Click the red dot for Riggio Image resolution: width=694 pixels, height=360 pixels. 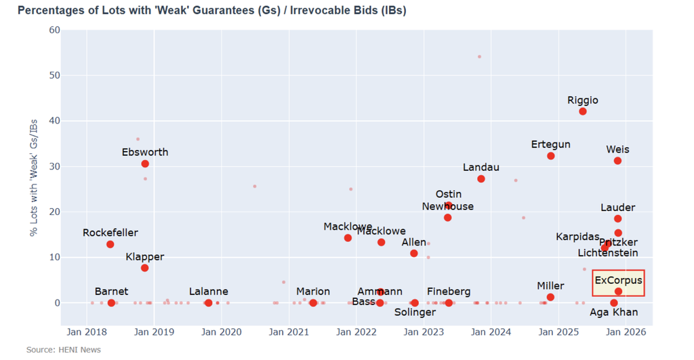pos(583,111)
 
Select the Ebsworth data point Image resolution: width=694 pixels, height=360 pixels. pos(145,164)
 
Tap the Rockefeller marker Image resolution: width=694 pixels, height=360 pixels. pos(110,244)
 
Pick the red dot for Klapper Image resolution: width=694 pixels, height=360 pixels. pos(145,268)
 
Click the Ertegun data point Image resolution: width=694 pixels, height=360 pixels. pos(551,156)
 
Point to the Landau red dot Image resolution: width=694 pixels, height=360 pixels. pos(481,179)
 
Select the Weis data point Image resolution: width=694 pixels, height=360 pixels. pos(617,161)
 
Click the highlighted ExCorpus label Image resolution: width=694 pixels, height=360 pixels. pos(618,280)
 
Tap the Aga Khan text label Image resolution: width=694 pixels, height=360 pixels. pos(613,313)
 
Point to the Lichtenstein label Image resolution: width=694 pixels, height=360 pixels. pos(608,253)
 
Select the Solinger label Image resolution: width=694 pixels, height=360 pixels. pos(415,313)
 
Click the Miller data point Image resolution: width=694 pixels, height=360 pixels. pos(550,297)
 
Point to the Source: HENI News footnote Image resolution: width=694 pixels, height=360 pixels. pos(64,350)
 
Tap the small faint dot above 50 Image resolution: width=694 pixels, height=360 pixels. pos(479,57)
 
